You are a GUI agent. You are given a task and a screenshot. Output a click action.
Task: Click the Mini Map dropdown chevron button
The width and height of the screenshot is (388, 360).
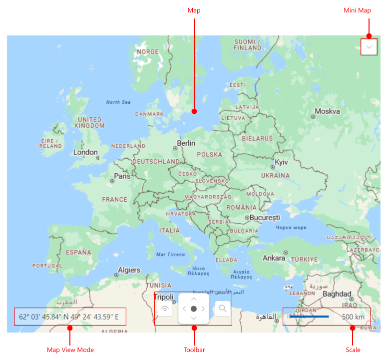[369, 47]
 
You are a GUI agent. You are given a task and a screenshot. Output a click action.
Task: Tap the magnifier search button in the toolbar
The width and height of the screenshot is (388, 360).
[223, 309]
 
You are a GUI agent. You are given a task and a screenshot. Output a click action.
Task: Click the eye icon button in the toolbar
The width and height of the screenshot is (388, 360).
[165, 309]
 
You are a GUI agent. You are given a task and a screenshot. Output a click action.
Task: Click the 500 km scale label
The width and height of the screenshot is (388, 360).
[353, 317]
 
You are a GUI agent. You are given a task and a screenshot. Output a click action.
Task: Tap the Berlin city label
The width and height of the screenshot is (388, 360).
[186, 143]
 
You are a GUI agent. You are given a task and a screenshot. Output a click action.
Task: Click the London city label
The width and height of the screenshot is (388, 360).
[85, 152]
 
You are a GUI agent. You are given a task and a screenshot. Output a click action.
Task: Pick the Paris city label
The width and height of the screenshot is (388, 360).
[122, 176]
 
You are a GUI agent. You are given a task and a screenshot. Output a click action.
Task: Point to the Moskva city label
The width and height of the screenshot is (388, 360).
[328, 111]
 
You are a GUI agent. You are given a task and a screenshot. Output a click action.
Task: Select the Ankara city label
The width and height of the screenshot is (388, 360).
[274, 258]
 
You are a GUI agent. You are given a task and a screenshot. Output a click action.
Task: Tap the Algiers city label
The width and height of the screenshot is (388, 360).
[129, 270]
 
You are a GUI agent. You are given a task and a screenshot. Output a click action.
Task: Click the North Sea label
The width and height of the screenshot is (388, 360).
[118, 102]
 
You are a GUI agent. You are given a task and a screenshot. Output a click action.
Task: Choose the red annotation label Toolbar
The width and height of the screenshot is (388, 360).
[194, 350]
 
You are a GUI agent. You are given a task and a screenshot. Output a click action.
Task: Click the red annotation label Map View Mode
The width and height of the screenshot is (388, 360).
[70, 350]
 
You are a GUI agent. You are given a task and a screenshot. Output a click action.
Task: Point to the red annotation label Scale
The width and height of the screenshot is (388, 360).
[353, 350]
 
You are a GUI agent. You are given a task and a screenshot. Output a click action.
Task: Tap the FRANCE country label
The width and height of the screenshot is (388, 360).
[115, 200]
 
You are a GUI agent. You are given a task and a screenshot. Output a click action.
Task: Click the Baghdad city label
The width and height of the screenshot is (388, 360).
[337, 294]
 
